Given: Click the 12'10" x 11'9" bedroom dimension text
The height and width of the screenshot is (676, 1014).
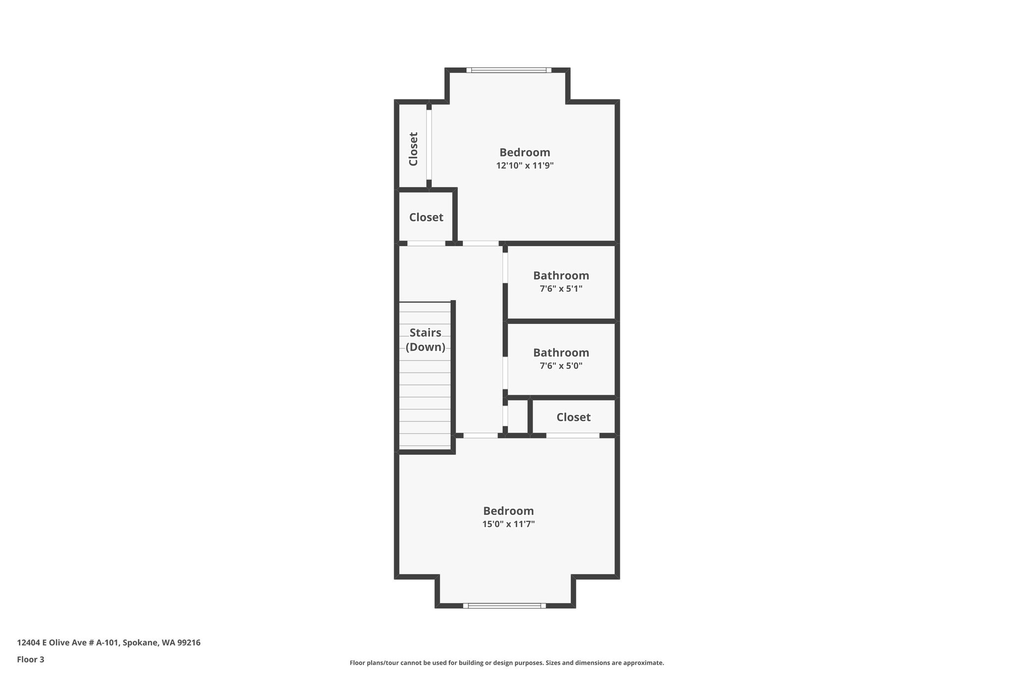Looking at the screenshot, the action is click(525, 165).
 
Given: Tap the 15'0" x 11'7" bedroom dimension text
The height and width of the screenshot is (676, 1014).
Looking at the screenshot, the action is click(508, 524).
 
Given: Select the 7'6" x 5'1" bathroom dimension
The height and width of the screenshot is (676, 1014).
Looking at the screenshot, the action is click(561, 288).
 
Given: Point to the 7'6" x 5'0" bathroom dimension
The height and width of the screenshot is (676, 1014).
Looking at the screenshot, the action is click(561, 366).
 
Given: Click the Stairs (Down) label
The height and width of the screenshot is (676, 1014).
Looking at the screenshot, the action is click(425, 340).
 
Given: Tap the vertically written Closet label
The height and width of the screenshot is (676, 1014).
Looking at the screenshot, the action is click(413, 149).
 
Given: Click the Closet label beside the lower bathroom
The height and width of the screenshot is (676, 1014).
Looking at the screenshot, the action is click(573, 417).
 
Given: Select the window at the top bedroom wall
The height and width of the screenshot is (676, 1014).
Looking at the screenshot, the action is click(508, 70).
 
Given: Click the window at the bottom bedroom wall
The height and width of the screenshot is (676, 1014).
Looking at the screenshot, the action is click(505, 605).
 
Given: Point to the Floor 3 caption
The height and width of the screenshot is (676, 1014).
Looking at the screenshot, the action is click(31, 659).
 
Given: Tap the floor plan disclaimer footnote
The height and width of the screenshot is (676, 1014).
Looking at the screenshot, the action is click(507, 663).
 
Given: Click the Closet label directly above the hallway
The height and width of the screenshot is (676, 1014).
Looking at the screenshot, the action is click(426, 217).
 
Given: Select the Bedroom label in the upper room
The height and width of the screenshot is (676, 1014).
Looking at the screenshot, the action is click(525, 152).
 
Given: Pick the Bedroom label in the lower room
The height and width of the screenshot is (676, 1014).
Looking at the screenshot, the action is click(508, 511).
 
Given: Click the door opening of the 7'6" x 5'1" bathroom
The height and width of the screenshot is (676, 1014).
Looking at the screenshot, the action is click(505, 268).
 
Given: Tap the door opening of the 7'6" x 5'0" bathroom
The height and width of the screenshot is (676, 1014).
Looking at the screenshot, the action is click(505, 373).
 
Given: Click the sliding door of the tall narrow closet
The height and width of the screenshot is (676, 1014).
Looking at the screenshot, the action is click(429, 145).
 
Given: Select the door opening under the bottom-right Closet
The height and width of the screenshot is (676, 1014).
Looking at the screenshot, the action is click(572, 435).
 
